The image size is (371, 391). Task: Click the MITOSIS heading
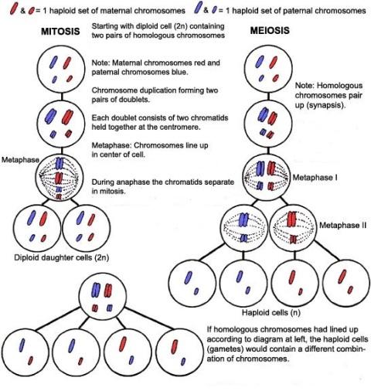(x=60, y=32)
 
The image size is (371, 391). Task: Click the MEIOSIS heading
(x=270, y=31)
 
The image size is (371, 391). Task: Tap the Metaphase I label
(x=315, y=178)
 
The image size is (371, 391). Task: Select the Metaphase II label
(x=342, y=226)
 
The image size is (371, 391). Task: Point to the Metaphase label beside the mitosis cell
(x=20, y=160)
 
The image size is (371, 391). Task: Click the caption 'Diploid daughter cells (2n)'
(x=61, y=257)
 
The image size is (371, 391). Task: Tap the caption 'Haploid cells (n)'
(x=271, y=313)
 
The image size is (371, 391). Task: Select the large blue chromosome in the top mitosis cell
(x=53, y=63)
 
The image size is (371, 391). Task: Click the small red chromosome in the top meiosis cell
(x=276, y=77)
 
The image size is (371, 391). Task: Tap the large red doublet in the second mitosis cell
(x=68, y=117)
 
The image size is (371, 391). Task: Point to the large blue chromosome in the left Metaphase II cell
(x=243, y=219)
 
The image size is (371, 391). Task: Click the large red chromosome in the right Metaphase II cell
(x=292, y=219)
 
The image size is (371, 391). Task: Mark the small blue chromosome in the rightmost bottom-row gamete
(x=183, y=362)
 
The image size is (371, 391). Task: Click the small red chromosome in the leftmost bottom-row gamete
(x=31, y=360)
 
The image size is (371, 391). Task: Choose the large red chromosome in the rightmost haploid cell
(x=342, y=277)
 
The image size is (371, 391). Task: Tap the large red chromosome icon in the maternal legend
(x=14, y=8)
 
